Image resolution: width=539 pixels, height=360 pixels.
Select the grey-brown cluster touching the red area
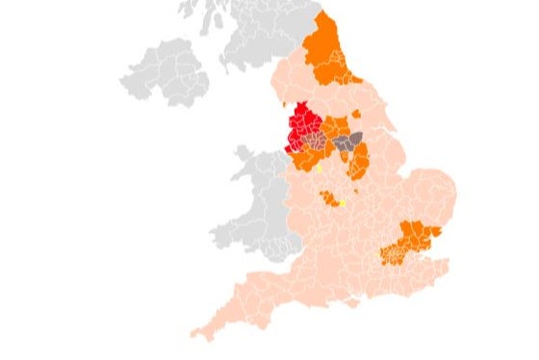coord(315,142)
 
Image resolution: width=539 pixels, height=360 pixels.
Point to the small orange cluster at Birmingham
coord(329,198)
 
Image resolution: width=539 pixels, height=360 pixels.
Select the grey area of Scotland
coord(250,39)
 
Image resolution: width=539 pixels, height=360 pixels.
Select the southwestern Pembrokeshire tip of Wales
coord(216,236)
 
